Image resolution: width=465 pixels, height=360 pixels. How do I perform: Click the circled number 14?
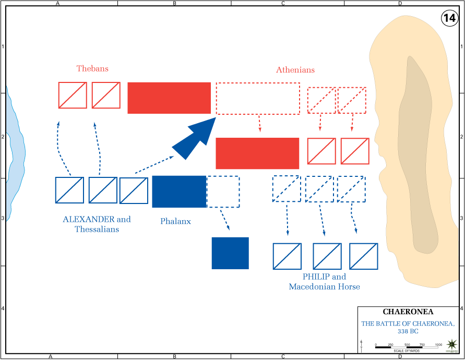coord(449,18)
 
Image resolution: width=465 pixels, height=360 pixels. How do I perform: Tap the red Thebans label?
coord(92,68)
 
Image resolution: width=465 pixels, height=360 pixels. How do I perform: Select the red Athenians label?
coord(295,70)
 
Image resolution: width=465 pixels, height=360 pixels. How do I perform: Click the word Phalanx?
coord(175,221)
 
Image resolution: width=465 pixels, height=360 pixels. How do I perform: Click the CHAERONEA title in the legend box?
coord(407,313)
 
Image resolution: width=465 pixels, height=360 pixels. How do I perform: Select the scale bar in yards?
coord(408,346)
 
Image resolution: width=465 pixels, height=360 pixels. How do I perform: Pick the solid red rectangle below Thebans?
coord(169,98)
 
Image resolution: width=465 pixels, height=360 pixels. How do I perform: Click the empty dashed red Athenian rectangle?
coord(258,98)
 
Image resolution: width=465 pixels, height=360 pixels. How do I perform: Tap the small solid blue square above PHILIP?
coord(230,253)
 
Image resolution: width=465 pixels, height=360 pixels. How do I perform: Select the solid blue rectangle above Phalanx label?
coord(179,191)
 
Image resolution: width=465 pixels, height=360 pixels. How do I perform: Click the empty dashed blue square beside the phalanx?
coord(223,191)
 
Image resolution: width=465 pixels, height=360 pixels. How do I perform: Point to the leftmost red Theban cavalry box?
coord(73,95)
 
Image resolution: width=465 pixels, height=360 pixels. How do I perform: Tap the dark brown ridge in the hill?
coord(418,157)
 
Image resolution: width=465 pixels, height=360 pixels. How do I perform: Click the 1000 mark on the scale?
coord(438,345)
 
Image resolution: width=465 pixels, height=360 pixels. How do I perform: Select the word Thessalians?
coord(97,230)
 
